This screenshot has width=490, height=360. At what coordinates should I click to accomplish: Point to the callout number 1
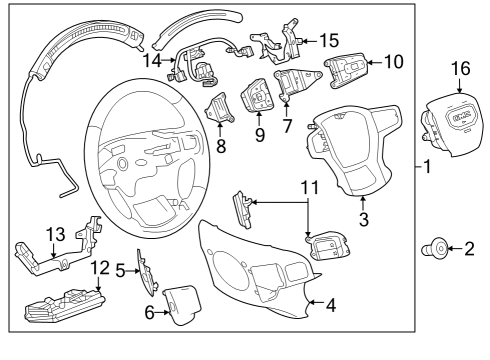tap(426, 166)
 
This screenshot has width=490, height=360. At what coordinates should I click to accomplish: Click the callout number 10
tap(394, 62)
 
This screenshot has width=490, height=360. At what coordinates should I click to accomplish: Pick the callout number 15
tap(329, 41)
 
